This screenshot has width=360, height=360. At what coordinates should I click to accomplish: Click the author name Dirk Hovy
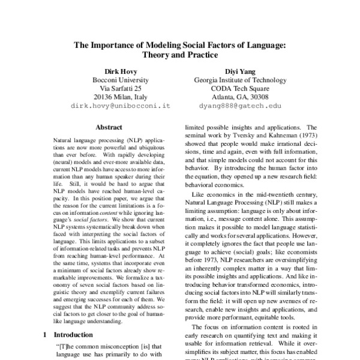[121, 70]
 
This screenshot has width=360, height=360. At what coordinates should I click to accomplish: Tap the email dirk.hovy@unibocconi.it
[121, 104]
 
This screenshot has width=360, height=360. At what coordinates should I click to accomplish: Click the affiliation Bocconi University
[121, 80]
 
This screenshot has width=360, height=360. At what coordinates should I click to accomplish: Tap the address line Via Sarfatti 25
[121, 88]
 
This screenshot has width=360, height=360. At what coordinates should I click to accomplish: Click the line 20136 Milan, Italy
[121, 97]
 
